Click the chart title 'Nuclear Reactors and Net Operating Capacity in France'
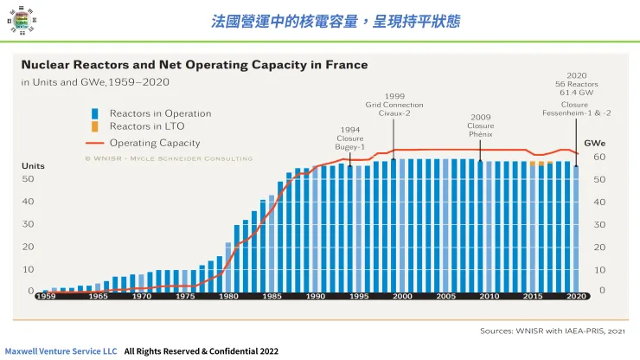[194, 65]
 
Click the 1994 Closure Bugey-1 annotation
[350, 138]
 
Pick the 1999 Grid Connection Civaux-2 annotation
[394, 104]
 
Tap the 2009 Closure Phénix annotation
[481, 125]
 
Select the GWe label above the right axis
[594, 143]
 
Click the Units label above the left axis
[33, 165]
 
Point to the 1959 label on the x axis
[46, 296]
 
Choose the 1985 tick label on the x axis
[272, 296]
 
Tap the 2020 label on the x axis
[577, 296]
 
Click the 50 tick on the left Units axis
[28, 179]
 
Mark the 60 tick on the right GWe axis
[599, 157]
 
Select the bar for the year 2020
[577, 228]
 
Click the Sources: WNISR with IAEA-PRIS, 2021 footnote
[554, 330]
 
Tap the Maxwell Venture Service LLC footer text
[61, 351]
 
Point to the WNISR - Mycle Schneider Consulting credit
[169, 158]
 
